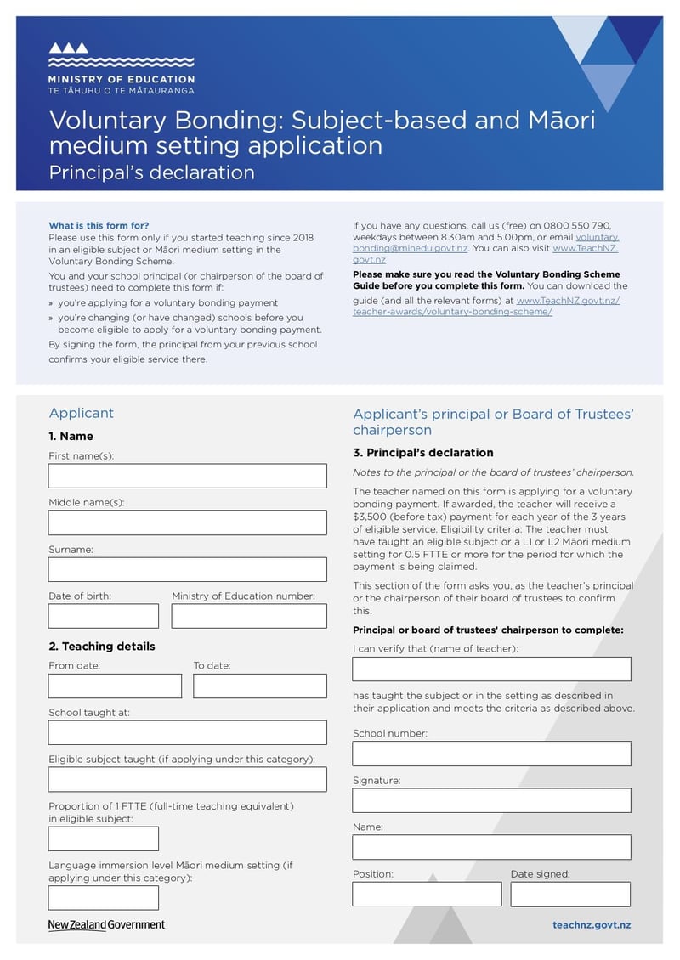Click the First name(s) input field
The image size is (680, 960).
(187, 476)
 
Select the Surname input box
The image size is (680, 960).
(187, 569)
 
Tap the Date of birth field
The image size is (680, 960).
(103, 616)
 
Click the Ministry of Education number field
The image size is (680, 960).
(249, 616)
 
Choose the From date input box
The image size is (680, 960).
(115, 686)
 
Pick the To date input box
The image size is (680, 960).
(259, 686)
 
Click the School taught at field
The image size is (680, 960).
(187, 732)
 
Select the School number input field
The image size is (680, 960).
(491, 754)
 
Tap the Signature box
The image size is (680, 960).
(491, 800)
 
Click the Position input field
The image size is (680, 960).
(427, 894)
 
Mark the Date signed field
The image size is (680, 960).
(570, 894)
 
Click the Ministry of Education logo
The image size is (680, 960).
(121, 68)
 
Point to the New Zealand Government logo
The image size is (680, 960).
(106, 925)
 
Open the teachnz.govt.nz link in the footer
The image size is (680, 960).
(592, 925)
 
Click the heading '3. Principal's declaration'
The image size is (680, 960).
(422, 453)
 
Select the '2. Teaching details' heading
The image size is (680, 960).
(101, 647)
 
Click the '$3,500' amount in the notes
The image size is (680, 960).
(371, 517)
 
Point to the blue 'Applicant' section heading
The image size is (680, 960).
(81, 413)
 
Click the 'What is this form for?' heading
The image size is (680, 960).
(99, 225)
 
